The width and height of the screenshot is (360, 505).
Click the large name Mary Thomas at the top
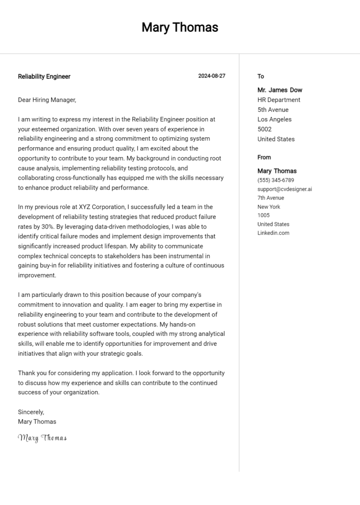180,28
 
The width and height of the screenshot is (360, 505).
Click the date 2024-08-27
211,76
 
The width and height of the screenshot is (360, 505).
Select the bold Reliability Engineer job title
44,76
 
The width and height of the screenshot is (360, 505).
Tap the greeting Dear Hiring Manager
47,100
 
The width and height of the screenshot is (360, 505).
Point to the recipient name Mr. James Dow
280,90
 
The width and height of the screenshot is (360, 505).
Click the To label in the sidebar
261,76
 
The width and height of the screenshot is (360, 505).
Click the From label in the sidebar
264,157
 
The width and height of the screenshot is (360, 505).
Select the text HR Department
279,100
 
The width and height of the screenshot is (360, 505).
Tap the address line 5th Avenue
273,110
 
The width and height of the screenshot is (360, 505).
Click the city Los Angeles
274,119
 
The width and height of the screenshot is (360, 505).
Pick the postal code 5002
264,129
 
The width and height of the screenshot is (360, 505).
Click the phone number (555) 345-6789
276,180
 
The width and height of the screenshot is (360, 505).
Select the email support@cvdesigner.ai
285,189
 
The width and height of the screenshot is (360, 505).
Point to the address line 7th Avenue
270,198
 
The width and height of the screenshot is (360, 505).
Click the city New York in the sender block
269,207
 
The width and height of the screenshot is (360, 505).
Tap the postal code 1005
263,215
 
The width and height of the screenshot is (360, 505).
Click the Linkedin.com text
273,233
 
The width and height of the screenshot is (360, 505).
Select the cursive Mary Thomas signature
42,438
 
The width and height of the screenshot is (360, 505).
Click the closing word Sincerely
31,412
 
